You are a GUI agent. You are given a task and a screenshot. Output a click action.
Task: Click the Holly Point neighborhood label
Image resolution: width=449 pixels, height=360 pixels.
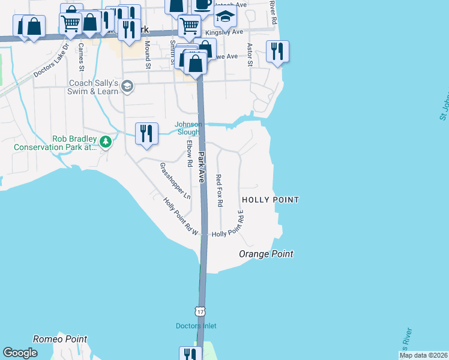click(x=270, y=199)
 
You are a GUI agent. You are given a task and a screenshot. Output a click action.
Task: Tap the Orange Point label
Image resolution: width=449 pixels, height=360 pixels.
click(x=266, y=254)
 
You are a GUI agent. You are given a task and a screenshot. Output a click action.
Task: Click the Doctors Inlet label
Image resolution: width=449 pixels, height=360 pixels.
click(x=196, y=326)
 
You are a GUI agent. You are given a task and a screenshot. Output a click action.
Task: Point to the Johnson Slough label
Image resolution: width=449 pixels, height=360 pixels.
click(x=188, y=128)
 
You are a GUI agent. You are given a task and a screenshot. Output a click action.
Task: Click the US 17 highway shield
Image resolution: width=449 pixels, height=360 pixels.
click(x=199, y=311)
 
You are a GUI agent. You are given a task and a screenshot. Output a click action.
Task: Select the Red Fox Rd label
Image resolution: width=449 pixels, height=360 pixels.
click(x=219, y=190)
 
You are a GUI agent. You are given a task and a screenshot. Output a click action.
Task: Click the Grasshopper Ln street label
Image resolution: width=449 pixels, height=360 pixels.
click(x=175, y=181)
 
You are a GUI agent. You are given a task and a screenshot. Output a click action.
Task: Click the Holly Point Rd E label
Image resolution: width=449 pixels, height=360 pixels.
click(x=241, y=224)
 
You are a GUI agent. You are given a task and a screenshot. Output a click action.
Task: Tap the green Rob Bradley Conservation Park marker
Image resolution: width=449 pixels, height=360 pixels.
click(x=106, y=142)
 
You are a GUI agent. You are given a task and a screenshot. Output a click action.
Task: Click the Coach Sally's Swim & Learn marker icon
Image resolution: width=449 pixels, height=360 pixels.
click(x=127, y=86)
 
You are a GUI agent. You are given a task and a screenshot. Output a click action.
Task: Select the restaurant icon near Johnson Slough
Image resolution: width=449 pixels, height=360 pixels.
click(x=146, y=133)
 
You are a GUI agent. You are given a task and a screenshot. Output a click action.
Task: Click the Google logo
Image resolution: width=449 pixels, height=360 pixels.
click(x=20, y=353)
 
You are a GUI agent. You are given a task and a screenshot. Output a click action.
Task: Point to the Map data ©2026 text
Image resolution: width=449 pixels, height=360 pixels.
click(x=423, y=355)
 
